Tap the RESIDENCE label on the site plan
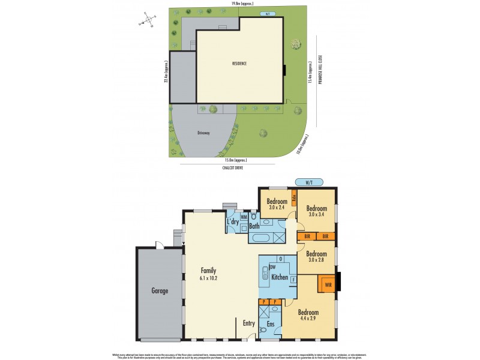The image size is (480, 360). click(x=240, y=63)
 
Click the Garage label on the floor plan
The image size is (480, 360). click(x=159, y=291)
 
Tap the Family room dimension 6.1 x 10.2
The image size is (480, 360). click(x=208, y=278)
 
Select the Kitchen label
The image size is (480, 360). click(x=280, y=278)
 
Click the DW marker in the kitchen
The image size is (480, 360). click(x=272, y=266)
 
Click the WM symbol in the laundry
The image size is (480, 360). click(x=244, y=217)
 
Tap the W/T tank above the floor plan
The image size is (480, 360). click(x=310, y=181)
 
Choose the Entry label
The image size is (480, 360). click(x=248, y=323)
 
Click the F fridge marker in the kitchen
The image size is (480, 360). click(x=293, y=280)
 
